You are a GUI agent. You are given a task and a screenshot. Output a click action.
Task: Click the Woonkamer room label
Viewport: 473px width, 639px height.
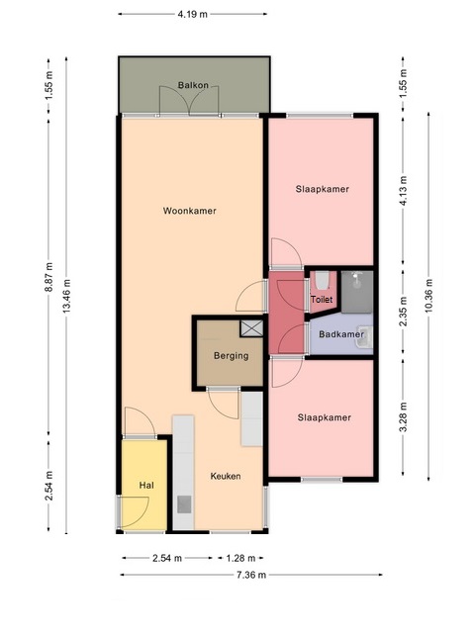[190, 211]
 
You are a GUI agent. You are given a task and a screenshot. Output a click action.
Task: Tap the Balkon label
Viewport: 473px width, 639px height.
[193, 85]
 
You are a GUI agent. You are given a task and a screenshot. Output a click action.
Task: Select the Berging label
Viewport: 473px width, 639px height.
[232, 356]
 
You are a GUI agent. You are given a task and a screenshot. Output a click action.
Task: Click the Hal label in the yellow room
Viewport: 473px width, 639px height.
[146, 485]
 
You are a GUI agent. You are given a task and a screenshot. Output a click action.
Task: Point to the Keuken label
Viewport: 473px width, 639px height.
[226, 476]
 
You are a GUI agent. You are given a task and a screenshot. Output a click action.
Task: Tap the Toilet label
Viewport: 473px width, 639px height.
[322, 299]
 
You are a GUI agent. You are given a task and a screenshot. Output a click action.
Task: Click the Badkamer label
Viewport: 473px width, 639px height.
[340, 334]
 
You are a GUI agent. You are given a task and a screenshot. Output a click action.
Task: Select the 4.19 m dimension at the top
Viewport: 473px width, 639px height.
[192, 14]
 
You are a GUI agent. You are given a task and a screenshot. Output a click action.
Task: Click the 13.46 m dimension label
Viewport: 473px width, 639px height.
[67, 296]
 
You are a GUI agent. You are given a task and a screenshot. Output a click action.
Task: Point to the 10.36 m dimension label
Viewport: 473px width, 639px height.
[428, 296]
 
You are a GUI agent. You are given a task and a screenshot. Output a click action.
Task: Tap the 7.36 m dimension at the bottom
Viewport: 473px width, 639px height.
[251, 575]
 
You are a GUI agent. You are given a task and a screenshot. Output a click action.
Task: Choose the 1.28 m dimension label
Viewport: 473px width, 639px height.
[240, 558]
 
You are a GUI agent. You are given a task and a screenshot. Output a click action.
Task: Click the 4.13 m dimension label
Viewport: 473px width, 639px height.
[404, 191]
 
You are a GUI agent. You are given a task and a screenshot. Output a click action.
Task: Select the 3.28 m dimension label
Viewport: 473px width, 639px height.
[404, 416]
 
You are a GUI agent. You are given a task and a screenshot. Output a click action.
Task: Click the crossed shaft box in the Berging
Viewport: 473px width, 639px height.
[251, 328]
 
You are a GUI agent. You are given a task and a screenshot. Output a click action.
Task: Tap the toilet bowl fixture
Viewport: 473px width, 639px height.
[322, 280]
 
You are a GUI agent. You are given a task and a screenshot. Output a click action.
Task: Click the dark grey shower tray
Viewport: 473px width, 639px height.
[357, 292]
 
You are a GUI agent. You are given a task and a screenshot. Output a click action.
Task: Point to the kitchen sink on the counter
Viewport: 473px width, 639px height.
[184, 504]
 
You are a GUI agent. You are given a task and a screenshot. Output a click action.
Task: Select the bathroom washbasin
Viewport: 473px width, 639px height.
[364, 336]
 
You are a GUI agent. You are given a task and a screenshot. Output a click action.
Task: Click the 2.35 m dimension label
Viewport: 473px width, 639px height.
[404, 312]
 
